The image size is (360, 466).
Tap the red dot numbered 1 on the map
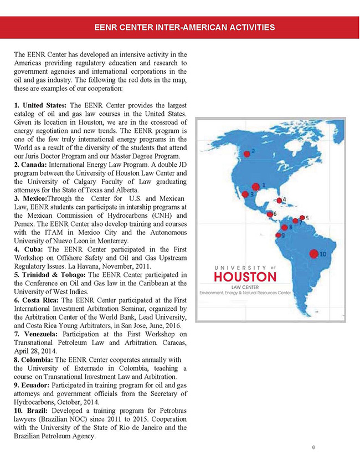coord(255,187)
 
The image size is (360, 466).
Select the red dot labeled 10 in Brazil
coord(313,253)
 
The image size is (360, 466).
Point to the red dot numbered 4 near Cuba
coord(279,201)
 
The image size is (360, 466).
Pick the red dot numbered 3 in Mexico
coord(245,194)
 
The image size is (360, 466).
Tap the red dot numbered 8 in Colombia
coord(285,227)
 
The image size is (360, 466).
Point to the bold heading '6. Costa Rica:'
coord(38,300)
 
